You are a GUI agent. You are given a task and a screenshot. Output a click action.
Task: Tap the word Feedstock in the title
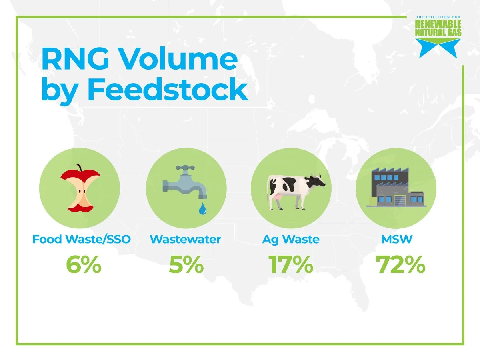[167, 90]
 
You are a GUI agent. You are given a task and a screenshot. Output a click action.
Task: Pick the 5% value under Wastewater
[186, 265]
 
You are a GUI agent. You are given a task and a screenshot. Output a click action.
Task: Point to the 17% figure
[291, 265]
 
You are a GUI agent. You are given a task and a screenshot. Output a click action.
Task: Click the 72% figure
[400, 265]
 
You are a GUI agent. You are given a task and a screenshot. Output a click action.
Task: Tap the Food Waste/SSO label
[82, 240]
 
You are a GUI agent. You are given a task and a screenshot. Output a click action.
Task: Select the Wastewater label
[185, 240]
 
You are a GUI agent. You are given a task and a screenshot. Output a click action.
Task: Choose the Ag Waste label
[291, 240]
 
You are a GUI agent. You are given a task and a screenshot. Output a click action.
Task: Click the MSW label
[396, 240]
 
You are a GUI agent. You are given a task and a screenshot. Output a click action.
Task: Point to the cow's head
[318, 182]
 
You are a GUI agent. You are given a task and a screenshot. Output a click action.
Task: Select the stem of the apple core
[79, 167]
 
